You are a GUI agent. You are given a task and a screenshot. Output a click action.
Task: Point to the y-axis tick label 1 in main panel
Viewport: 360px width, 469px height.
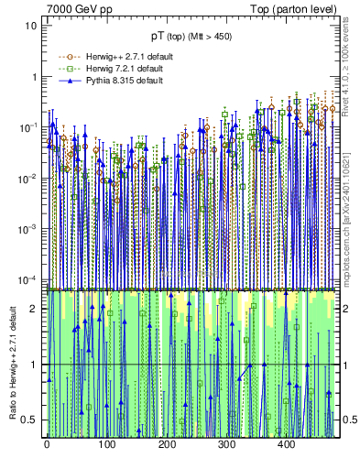click(x=34, y=77)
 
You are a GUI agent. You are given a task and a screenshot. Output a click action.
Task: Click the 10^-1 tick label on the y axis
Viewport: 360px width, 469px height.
click(x=28, y=127)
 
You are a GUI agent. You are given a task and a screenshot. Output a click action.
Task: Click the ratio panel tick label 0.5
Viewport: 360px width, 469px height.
click(x=30, y=420)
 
